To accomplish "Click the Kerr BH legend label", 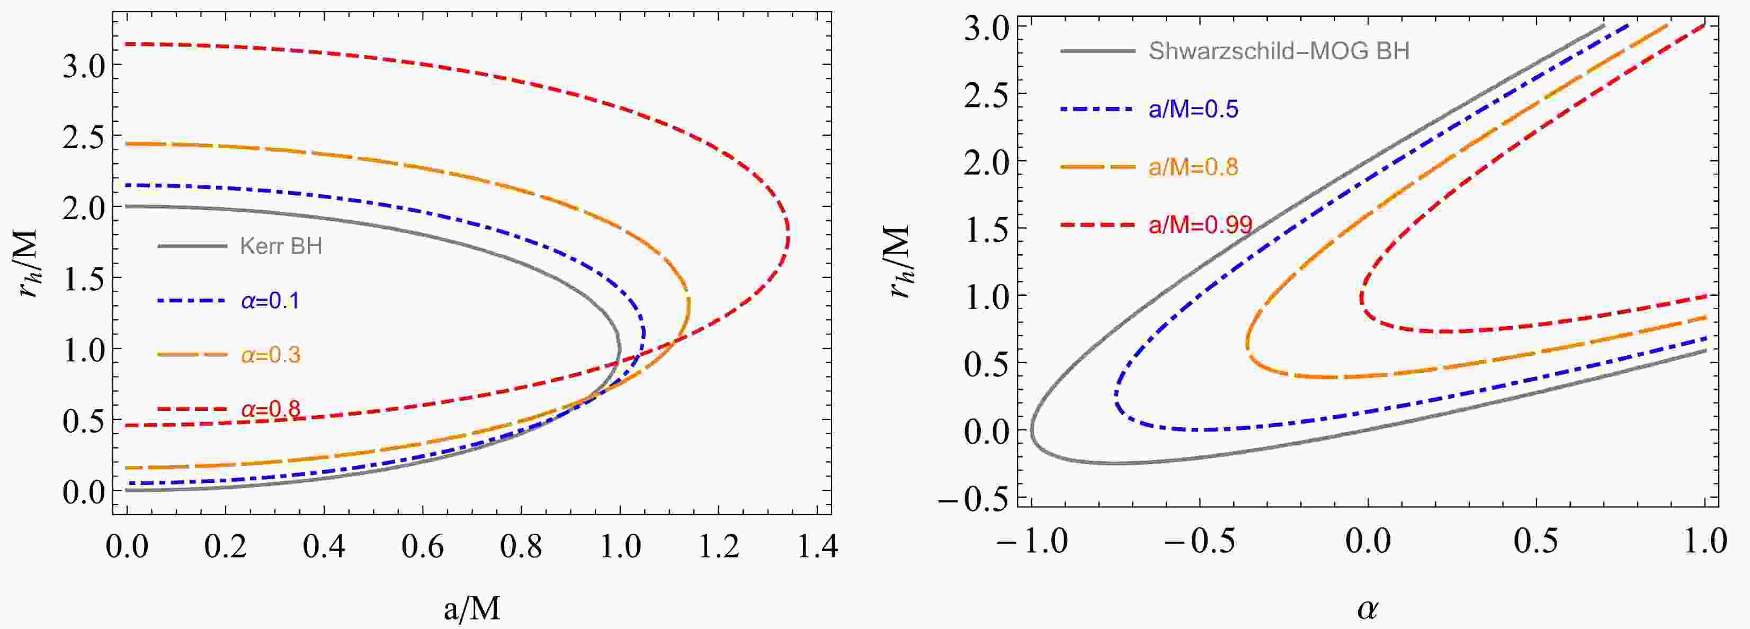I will (281, 246).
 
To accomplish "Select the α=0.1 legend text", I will (270, 301).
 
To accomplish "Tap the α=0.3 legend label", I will (270, 355).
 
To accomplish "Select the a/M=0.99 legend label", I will (1200, 225).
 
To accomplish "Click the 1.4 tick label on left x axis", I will (817, 547).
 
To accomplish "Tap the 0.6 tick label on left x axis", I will (423, 547).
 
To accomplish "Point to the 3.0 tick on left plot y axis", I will (84, 65).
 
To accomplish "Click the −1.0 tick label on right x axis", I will (1032, 542).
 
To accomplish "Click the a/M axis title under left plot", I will (472, 609).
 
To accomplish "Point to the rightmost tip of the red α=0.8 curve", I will (788, 235).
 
